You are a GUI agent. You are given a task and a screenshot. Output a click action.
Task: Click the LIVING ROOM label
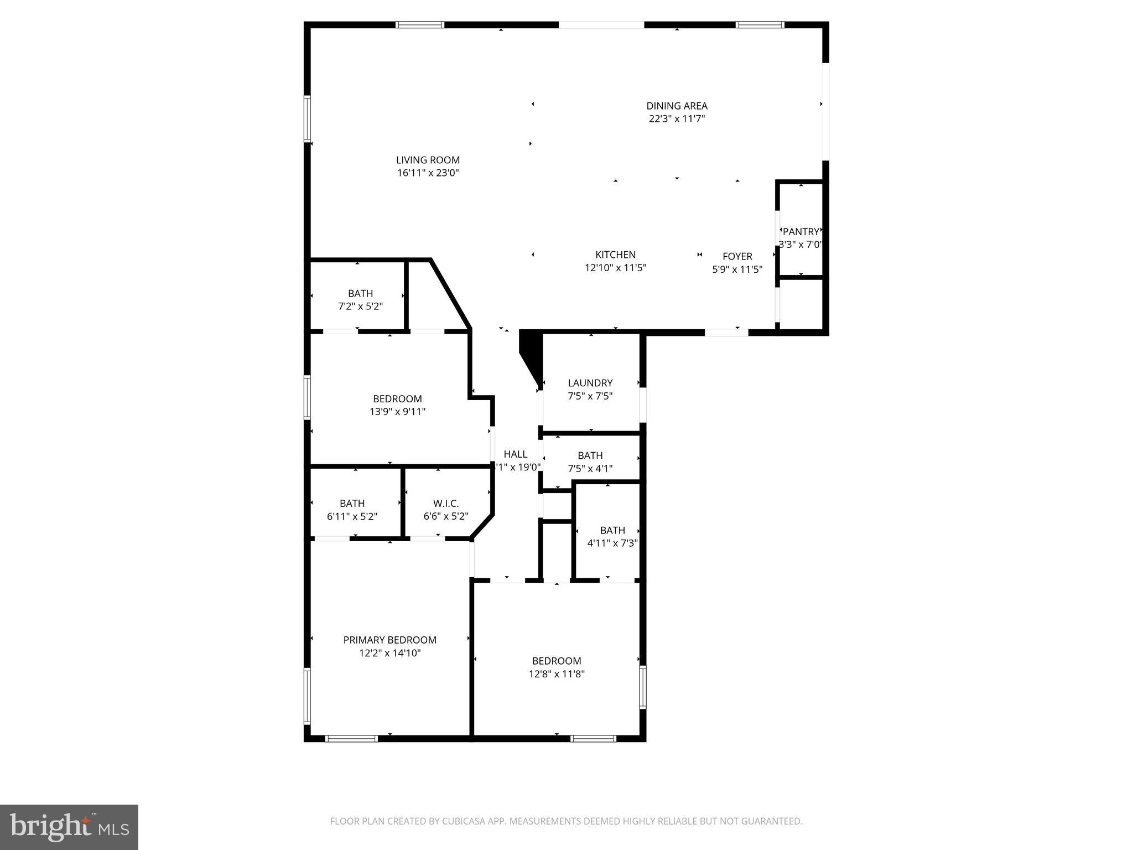click(428, 160)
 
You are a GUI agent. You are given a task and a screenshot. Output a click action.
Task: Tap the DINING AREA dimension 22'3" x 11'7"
click(677, 118)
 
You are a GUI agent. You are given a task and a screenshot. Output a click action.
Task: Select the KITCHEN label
click(615, 255)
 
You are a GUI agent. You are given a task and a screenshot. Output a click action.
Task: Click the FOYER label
click(737, 256)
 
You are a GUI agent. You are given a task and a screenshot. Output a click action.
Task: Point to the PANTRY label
click(801, 232)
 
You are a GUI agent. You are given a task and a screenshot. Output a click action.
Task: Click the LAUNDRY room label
click(590, 383)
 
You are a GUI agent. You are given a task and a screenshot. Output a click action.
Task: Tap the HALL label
click(515, 454)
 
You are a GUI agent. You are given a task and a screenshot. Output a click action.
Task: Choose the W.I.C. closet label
click(445, 504)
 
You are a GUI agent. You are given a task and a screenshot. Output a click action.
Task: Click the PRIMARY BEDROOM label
click(389, 640)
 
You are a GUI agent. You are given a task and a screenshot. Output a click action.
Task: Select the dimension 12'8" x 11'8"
click(557, 674)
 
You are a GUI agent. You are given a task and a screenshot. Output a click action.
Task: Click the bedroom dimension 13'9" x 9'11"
click(397, 412)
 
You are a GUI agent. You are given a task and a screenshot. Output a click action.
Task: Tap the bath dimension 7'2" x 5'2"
click(360, 306)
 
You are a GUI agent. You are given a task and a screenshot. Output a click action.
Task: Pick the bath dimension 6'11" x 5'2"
click(352, 516)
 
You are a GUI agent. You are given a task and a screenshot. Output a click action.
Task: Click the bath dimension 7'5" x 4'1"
click(590, 469)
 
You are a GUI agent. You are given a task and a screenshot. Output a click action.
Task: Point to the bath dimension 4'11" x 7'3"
click(612, 543)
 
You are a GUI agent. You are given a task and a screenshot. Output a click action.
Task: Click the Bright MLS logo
click(69, 827)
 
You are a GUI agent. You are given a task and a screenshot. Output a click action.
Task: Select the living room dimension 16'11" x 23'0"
click(428, 173)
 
